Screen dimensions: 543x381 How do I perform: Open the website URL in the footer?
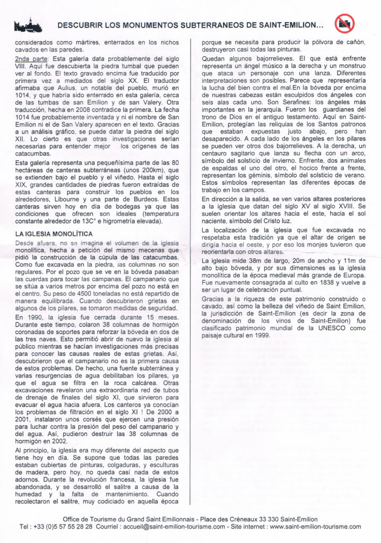tap(315, 527)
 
